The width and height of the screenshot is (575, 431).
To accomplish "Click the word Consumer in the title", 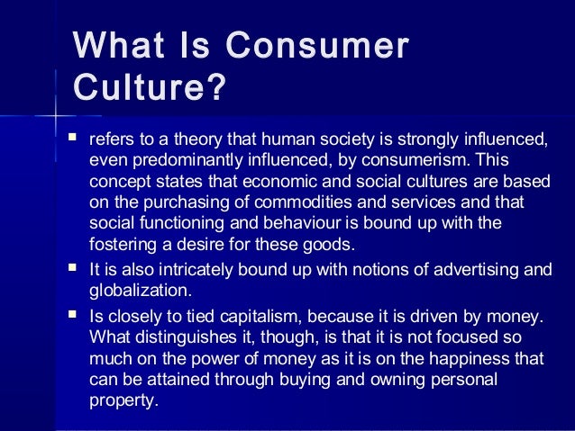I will [317, 47].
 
